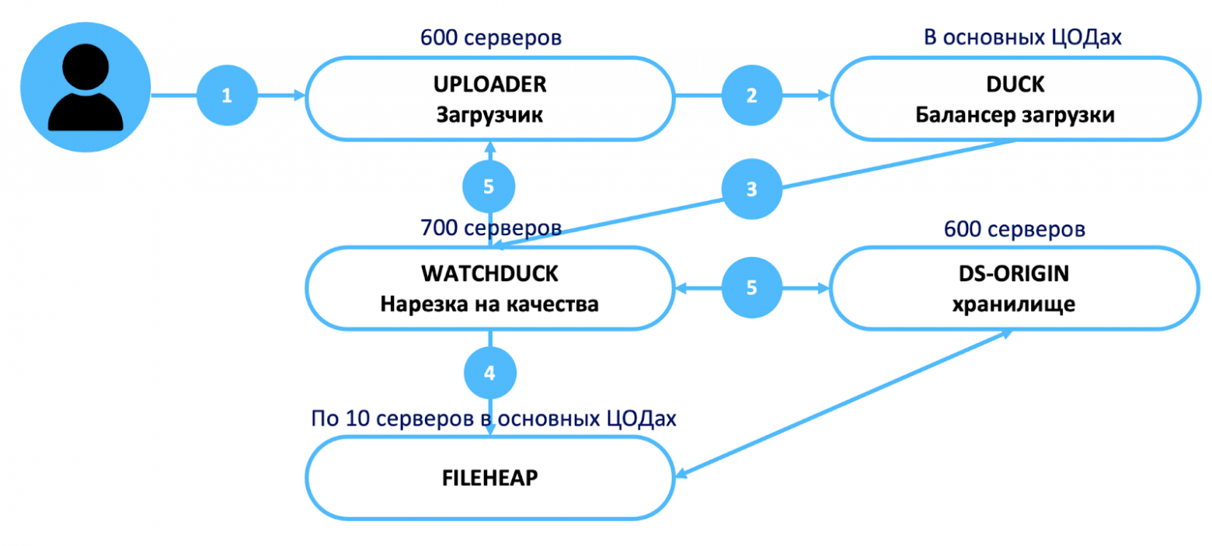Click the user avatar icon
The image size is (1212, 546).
tap(85, 87)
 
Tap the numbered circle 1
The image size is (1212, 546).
tap(226, 96)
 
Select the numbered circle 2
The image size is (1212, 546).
tap(751, 96)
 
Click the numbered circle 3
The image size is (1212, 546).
tap(751, 190)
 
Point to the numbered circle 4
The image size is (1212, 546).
tap(489, 374)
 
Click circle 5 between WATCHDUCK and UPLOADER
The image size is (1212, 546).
tap(489, 187)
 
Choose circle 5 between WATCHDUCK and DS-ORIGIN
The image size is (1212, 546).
tap(751, 287)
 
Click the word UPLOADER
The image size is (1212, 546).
tap(489, 82)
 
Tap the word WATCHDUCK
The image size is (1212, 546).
tap(489, 273)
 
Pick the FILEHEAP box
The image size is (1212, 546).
tap(489, 476)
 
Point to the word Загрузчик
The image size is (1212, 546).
tap(489, 115)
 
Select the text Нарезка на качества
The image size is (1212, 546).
tap(489, 304)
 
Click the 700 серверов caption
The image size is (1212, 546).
tap(490, 228)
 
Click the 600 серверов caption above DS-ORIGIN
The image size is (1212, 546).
tap(1015, 229)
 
